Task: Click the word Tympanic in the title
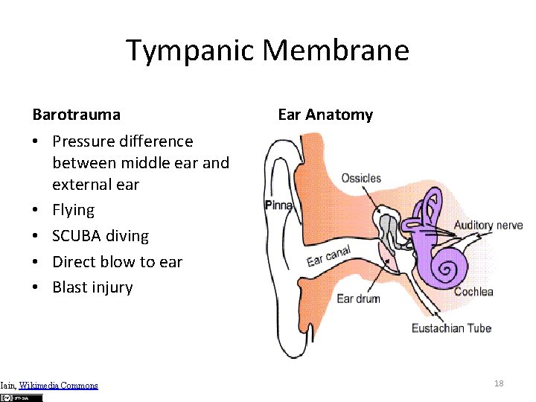[x=191, y=51]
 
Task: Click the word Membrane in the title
[x=336, y=51]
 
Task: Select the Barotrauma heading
[x=76, y=115]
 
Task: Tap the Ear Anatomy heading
[x=325, y=115]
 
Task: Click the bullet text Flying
[x=73, y=210]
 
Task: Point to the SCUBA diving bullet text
[x=100, y=236]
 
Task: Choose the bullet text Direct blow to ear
[x=117, y=261]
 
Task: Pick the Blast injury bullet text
[x=92, y=287]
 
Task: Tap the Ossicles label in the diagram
[x=361, y=179]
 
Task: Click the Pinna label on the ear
[x=279, y=205]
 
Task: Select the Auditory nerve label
[x=488, y=225]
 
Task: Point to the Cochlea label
[x=473, y=292]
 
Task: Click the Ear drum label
[x=358, y=299]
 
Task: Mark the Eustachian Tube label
[x=451, y=328]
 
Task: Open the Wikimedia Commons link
[x=58, y=385]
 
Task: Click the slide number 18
[x=499, y=383]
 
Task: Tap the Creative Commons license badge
[x=22, y=398]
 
